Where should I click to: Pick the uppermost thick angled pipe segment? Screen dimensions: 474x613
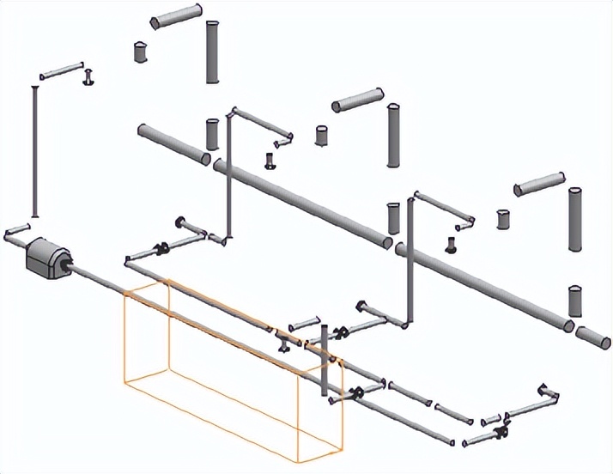click(x=175, y=15)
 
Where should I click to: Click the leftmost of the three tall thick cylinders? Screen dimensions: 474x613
click(x=212, y=52)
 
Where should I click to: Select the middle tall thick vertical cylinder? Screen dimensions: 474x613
click(x=393, y=135)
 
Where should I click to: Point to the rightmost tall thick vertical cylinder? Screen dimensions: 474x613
click(x=576, y=220)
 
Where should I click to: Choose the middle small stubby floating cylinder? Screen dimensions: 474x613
click(x=322, y=136)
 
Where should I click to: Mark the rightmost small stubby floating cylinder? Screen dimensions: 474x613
click(x=504, y=219)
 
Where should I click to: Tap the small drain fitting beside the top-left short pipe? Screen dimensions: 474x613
click(x=87, y=79)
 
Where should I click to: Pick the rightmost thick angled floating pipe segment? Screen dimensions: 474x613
click(x=538, y=183)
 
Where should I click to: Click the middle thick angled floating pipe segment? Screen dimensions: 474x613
click(x=357, y=100)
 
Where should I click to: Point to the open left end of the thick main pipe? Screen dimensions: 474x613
click(x=143, y=131)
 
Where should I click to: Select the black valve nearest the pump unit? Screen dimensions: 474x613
click(x=160, y=250)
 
